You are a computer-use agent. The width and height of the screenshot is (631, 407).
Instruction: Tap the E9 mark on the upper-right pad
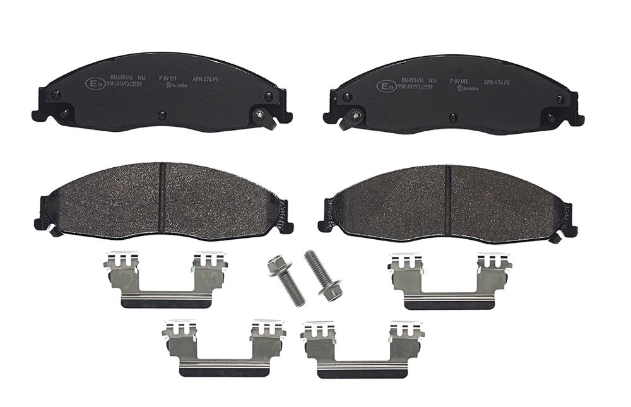tap(386, 86)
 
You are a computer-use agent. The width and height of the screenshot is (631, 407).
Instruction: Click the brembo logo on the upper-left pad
tap(173, 86)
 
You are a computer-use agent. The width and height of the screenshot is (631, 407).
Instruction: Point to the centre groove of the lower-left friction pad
tap(161, 197)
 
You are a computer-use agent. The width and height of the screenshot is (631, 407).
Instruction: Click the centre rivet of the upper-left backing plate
tap(162, 115)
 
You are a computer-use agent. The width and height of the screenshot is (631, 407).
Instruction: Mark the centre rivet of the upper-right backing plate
tap(453, 117)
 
